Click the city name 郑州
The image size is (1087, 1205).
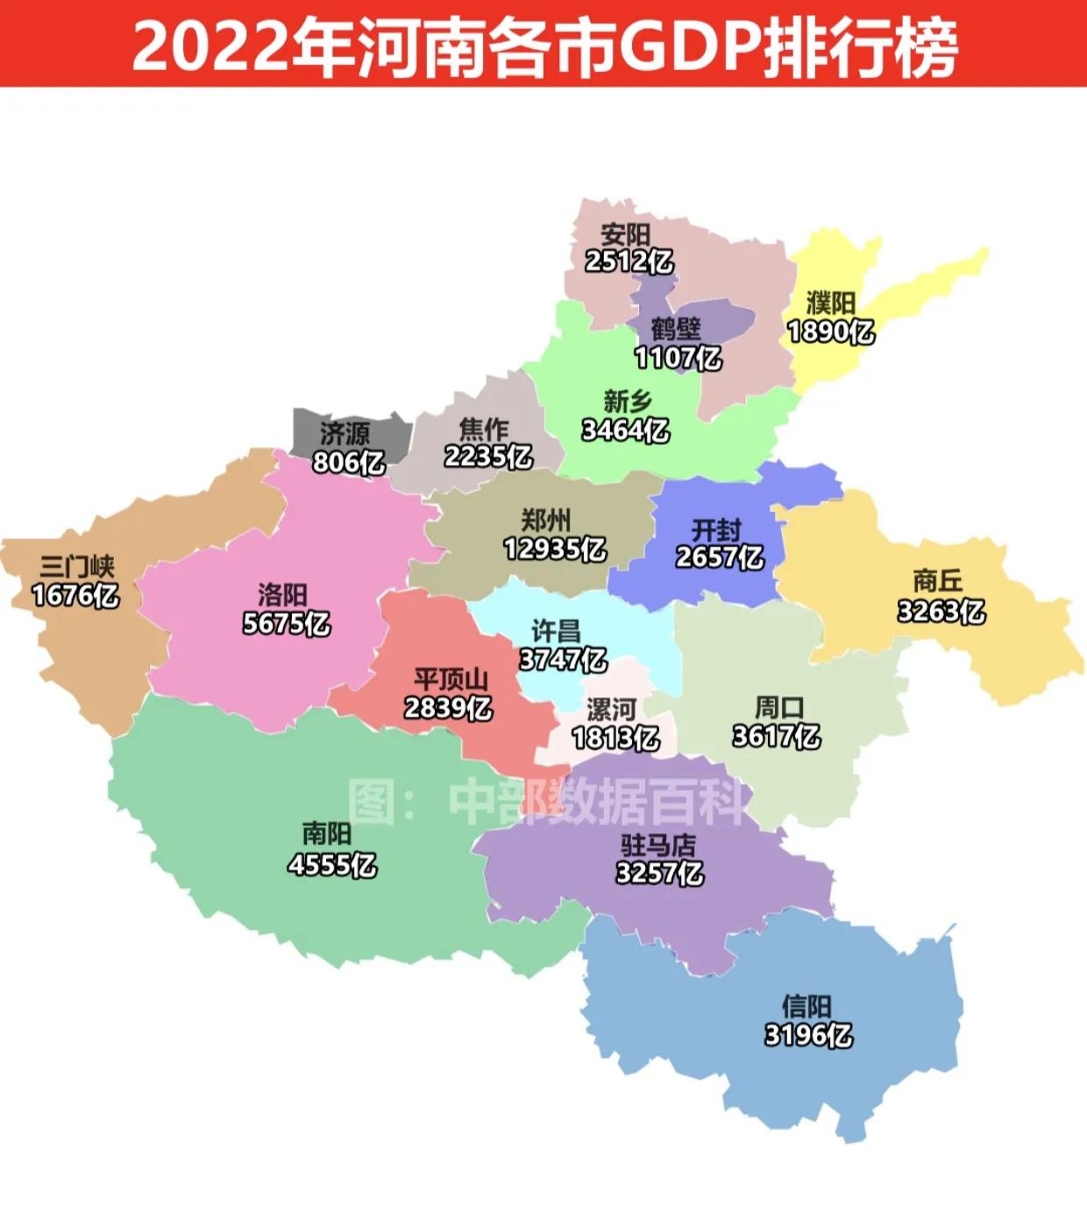point(545,520)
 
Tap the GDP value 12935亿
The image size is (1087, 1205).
point(554,549)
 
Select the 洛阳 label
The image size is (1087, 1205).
point(282,595)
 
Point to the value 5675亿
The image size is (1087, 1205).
point(286,624)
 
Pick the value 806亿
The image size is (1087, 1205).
point(349,461)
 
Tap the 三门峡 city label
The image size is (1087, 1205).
point(77,567)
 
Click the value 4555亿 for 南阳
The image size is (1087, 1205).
point(331,865)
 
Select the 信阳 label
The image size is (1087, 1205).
point(806,1006)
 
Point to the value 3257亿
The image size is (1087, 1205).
point(659,873)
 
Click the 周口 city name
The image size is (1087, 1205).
point(778,707)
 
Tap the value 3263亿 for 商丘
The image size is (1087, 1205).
point(941,610)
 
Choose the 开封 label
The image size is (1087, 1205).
point(716,530)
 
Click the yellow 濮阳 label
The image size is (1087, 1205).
point(830,303)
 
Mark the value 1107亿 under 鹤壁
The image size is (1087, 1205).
point(678,358)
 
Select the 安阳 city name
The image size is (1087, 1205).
point(625,234)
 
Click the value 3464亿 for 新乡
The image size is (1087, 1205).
point(625,430)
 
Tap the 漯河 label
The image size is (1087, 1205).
point(611,709)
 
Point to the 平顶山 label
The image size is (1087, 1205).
point(451,680)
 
